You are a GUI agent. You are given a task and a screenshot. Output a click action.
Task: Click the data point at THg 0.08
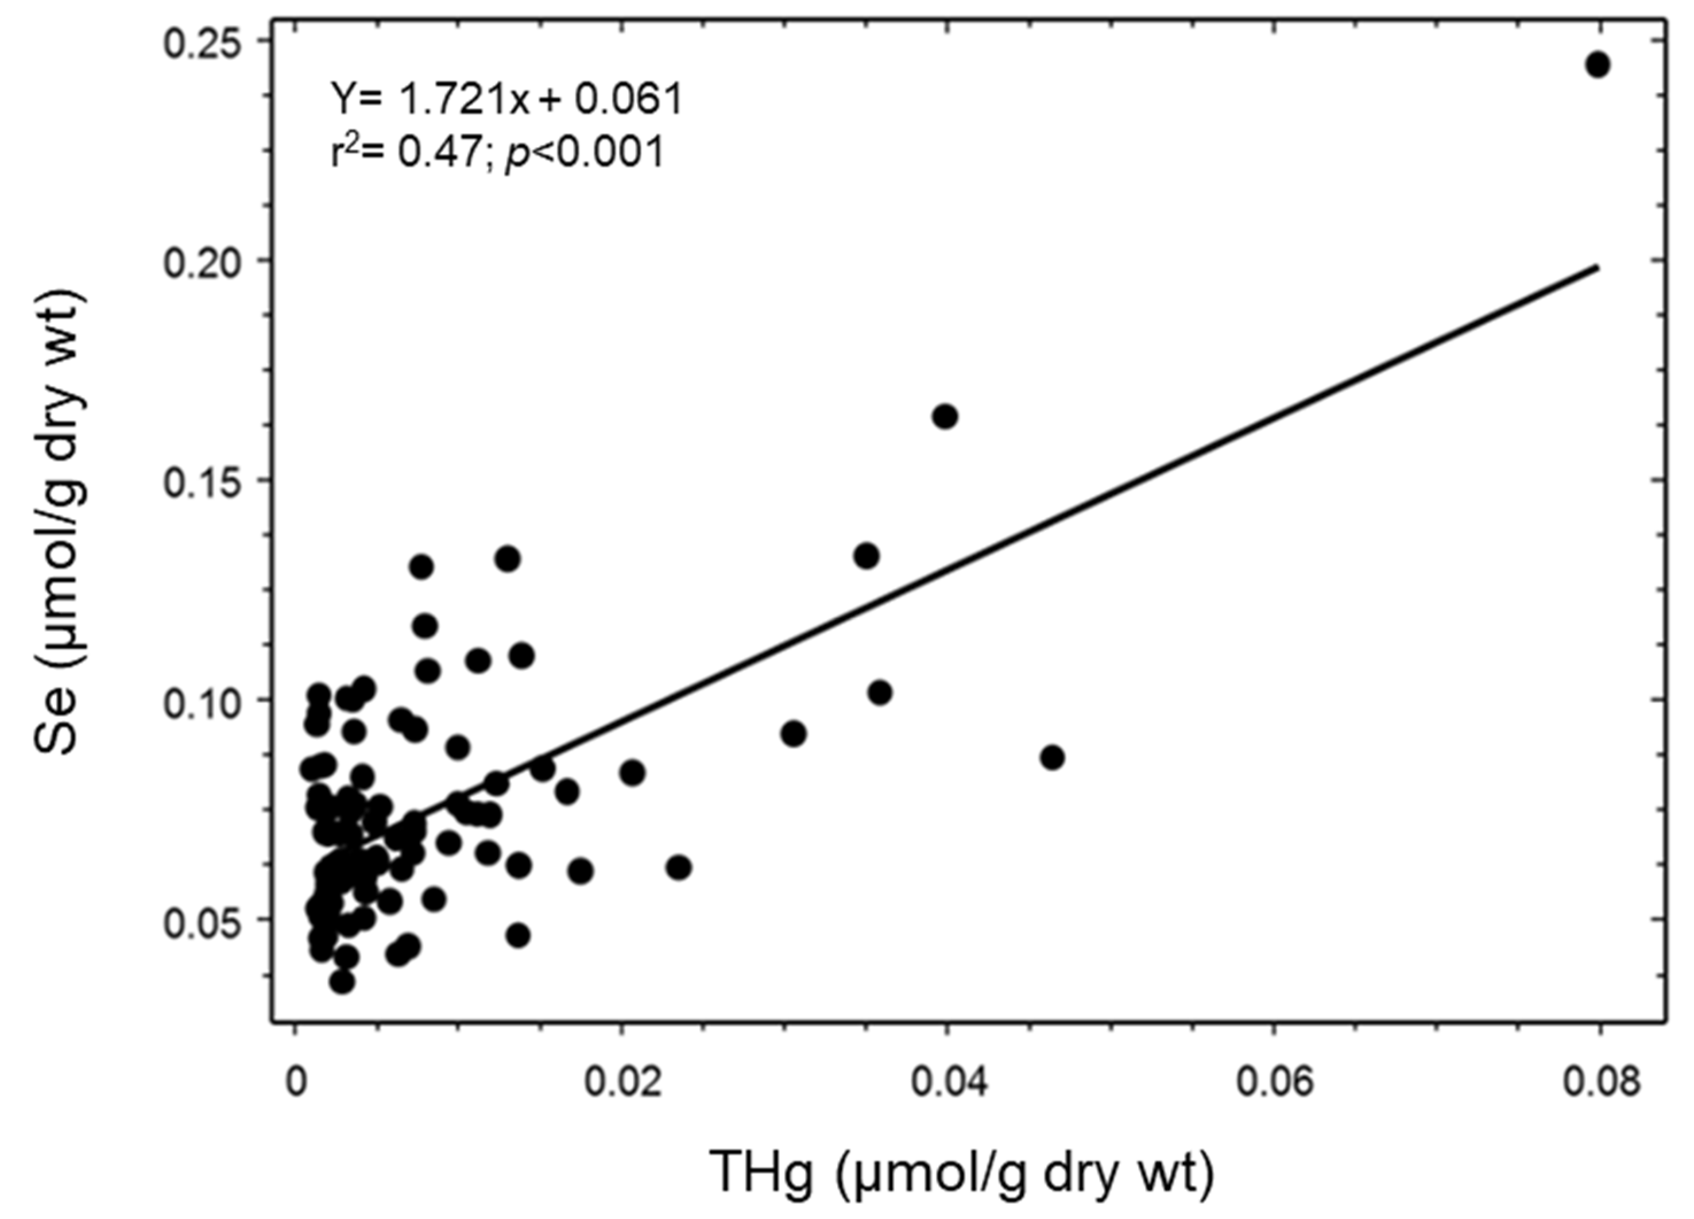[x=1598, y=65]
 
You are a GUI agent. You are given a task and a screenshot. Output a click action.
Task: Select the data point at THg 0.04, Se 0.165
[x=945, y=417]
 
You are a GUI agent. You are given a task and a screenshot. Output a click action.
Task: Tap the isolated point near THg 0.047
[x=1053, y=757]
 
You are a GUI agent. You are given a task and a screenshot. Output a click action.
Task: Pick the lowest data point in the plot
[x=342, y=981]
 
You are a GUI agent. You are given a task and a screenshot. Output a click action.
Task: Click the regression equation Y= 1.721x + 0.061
[x=507, y=99]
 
